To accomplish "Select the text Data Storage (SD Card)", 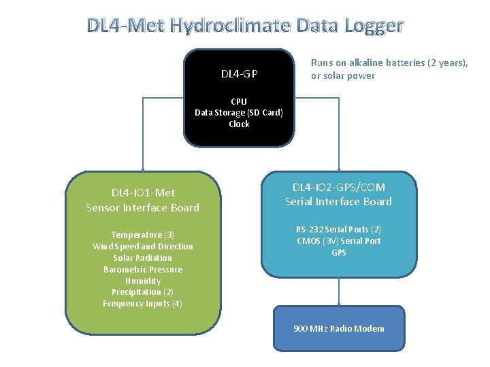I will [x=239, y=113].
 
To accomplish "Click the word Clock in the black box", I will [x=239, y=124].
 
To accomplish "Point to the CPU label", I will [x=239, y=101].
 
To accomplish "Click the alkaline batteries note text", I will [x=389, y=69].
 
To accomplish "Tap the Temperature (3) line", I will [x=143, y=234].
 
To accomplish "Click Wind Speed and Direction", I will [x=143, y=246].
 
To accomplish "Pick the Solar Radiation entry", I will [x=143, y=258].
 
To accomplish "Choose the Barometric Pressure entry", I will [x=143, y=269].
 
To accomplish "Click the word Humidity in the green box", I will [x=143, y=281].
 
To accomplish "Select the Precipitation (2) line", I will [x=143, y=292].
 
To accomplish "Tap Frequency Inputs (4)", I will [x=143, y=304].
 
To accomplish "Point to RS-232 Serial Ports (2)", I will [x=338, y=230].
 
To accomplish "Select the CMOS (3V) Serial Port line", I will [x=338, y=241].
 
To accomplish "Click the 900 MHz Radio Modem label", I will [x=338, y=329].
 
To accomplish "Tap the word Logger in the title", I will [x=374, y=26].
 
